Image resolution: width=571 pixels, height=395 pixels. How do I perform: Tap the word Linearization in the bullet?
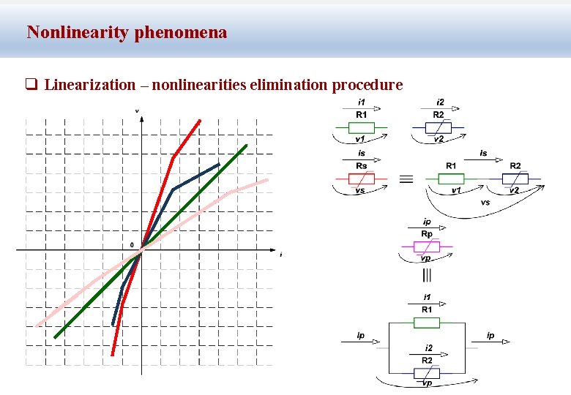pos(89,85)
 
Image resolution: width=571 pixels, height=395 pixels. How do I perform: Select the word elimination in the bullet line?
pos(288,85)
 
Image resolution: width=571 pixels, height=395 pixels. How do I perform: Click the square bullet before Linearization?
pos(31,85)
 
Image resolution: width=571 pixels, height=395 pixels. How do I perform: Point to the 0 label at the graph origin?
pos(132,244)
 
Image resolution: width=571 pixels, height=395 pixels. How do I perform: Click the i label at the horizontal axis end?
pos(280,255)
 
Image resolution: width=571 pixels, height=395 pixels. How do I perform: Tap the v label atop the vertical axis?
pos(137,111)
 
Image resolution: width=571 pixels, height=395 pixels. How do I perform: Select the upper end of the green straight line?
pos(247,145)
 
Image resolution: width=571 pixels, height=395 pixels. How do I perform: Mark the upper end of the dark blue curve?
pos(218,165)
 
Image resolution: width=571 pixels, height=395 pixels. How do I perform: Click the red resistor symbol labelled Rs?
pos(361,178)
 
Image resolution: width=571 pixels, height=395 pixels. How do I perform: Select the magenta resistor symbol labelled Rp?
pos(427,247)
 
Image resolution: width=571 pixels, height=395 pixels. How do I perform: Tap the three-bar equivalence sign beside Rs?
pos(405,178)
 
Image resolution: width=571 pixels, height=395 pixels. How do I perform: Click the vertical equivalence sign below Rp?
pos(427,275)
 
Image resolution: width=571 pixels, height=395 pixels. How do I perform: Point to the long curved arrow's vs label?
pos(485,202)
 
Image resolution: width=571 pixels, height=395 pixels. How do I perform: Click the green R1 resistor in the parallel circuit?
pos(427,321)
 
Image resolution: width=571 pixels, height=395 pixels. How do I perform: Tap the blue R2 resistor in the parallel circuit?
pos(427,372)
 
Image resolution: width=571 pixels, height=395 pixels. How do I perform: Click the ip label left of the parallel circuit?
pos(360,335)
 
